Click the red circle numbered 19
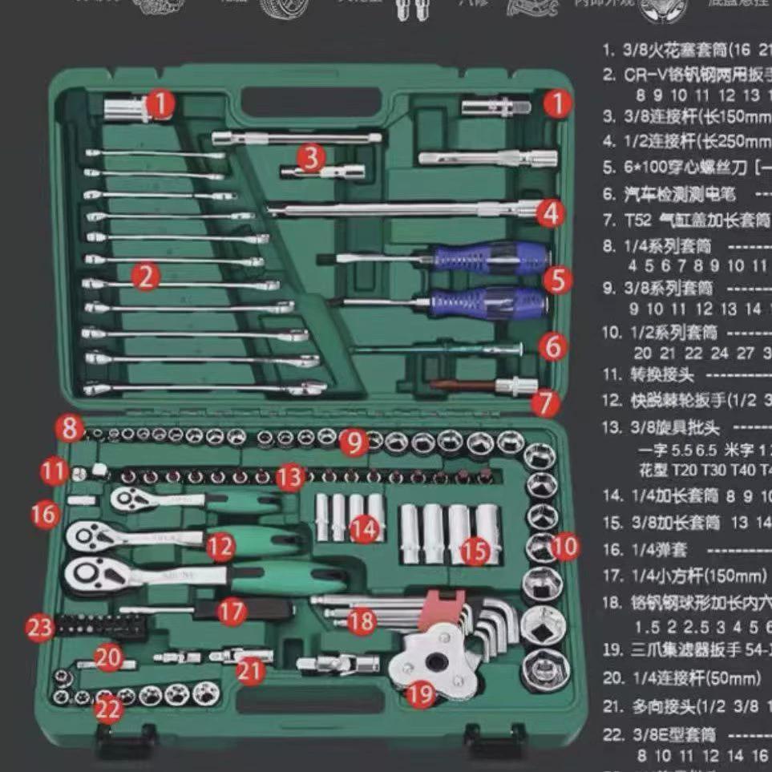pyautogui.click(x=421, y=694)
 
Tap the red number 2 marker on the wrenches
pyautogui.click(x=145, y=277)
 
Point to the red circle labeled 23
pyautogui.click(x=40, y=626)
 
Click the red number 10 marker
pyautogui.click(x=565, y=547)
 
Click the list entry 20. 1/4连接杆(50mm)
pyautogui.click(x=681, y=678)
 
